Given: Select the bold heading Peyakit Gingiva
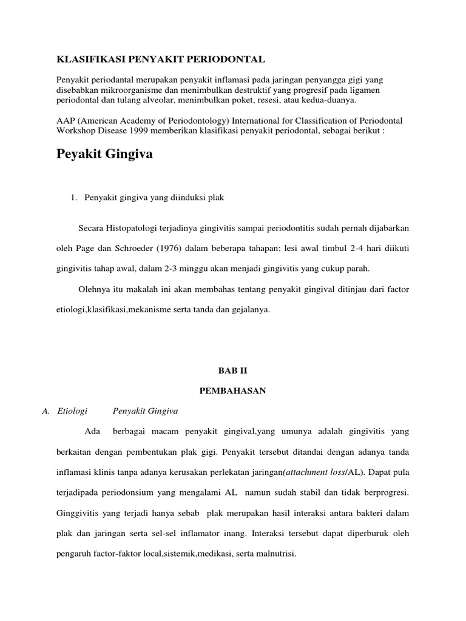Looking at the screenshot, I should pyautogui.click(x=104, y=155).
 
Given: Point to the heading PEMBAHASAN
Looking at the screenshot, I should pyautogui.click(x=232, y=391).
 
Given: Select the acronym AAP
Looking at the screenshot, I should pyautogui.click(x=66, y=121).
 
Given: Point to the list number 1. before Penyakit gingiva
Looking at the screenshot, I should pyautogui.click(x=75, y=197).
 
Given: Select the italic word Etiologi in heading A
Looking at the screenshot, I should pyautogui.click(x=72, y=411).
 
